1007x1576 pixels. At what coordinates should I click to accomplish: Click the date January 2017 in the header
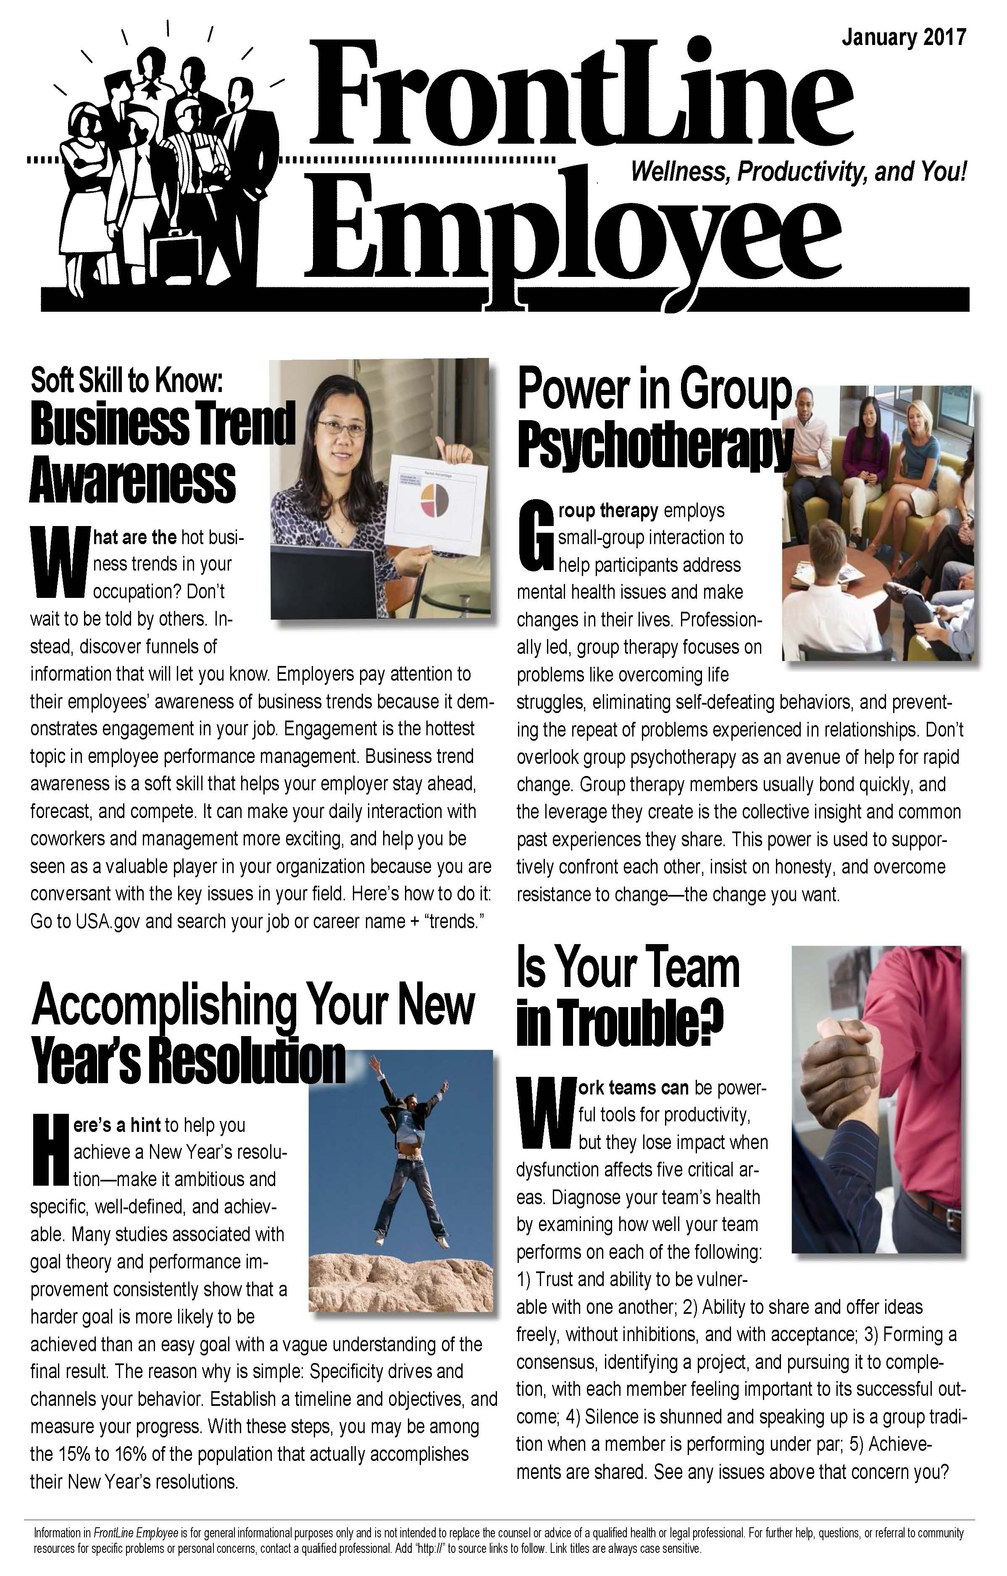[903, 37]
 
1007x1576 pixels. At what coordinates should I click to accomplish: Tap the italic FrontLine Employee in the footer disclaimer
[136, 1533]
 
